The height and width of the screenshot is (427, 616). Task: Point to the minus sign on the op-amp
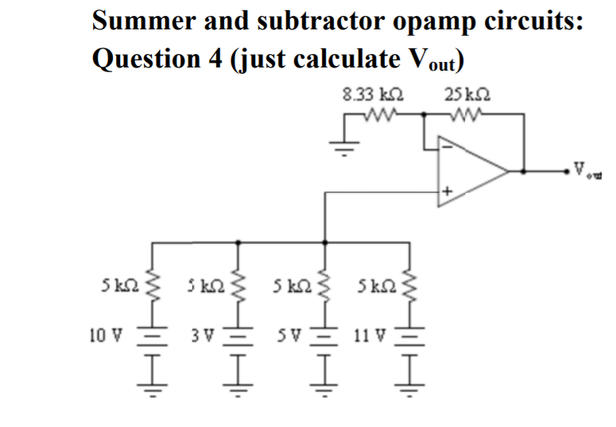(x=447, y=148)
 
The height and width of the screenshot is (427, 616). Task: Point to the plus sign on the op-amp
(x=447, y=191)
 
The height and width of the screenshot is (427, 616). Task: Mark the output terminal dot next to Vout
(x=570, y=169)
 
